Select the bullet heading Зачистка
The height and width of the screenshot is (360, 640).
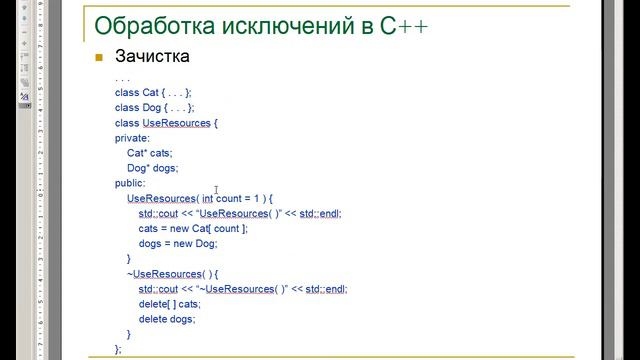152,57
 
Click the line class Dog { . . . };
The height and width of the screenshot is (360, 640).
155,107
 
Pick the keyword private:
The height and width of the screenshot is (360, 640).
132,138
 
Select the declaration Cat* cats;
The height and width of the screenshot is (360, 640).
149,153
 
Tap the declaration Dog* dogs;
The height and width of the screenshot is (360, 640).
151,168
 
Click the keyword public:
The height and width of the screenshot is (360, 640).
130,183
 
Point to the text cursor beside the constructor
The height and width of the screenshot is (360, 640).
216,189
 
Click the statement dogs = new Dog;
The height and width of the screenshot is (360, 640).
178,243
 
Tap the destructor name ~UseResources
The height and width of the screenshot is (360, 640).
164,273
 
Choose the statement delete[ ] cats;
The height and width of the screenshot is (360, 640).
170,303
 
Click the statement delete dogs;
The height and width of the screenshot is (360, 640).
167,318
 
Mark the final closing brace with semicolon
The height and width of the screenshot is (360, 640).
118,348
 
